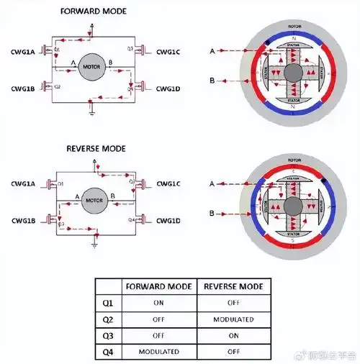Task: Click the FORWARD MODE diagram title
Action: click(94, 11)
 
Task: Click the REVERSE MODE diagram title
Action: click(95, 148)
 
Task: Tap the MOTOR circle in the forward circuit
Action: click(92, 68)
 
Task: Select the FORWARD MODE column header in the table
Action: click(158, 286)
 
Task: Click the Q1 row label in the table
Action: click(108, 303)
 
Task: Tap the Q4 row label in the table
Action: click(108, 352)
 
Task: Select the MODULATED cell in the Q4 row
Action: click(158, 352)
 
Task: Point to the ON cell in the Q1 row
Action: click(158, 303)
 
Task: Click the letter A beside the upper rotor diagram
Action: click(212, 52)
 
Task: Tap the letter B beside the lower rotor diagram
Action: click(212, 214)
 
